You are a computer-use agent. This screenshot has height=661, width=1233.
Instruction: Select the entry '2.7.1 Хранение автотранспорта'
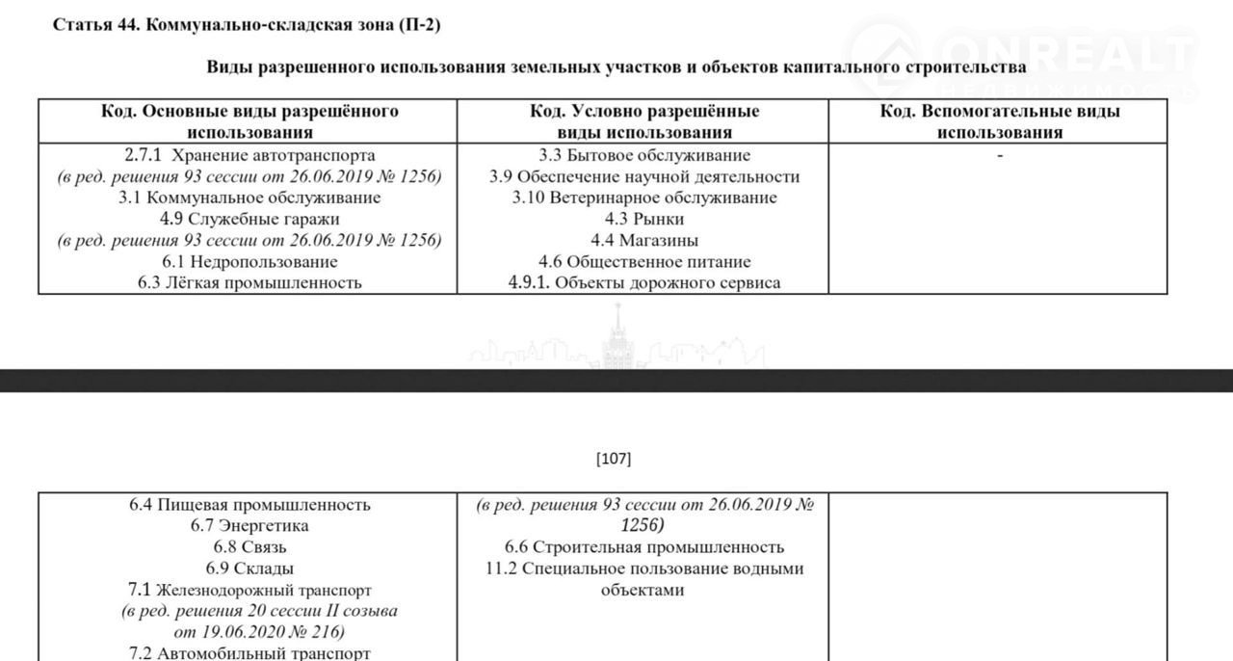(249, 155)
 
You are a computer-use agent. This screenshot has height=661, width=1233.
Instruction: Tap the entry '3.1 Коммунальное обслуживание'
(249, 198)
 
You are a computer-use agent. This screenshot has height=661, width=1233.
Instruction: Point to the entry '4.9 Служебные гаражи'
(249, 219)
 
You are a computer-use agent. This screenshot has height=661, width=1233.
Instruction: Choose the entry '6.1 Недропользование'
(249, 261)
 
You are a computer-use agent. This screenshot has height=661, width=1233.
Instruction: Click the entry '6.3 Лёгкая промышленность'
(249, 282)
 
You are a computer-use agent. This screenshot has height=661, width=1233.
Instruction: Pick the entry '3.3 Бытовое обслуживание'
(644, 155)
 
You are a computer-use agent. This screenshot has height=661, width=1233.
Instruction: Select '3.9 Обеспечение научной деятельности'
(644, 176)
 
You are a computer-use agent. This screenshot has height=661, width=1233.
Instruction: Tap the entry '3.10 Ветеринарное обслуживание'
(644, 198)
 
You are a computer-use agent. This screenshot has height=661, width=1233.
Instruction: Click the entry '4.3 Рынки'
(644, 219)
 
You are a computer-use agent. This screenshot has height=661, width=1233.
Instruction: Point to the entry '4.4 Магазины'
(644, 240)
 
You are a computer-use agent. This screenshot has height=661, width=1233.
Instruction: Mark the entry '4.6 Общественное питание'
(644, 261)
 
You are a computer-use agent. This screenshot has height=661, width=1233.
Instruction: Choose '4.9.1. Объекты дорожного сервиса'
(644, 282)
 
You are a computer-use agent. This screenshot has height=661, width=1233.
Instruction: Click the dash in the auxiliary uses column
(1000, 155)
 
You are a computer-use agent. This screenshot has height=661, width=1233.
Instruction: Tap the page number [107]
(615, 459)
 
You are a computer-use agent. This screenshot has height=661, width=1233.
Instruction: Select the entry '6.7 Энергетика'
(249, 526)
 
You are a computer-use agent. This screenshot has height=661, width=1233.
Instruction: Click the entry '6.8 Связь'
(249, 547)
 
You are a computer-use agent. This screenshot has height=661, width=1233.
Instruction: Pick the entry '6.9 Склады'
(249, 568)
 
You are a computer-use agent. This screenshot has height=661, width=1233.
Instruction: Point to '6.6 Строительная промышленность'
(644, 547)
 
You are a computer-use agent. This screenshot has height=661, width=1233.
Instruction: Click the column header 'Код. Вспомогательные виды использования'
(1000, 121)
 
